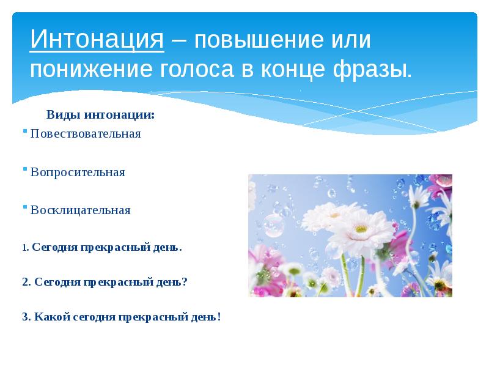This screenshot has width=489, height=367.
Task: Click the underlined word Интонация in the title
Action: (96, 41)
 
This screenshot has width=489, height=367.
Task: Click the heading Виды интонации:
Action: (100, 114)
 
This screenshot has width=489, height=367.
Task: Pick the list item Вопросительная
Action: (78, 172)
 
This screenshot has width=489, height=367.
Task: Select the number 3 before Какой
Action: (24, 317)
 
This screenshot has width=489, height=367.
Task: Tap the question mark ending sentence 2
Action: (185, 283)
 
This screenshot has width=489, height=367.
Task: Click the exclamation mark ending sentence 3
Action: (218, 317)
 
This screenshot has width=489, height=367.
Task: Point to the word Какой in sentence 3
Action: (50, 317)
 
